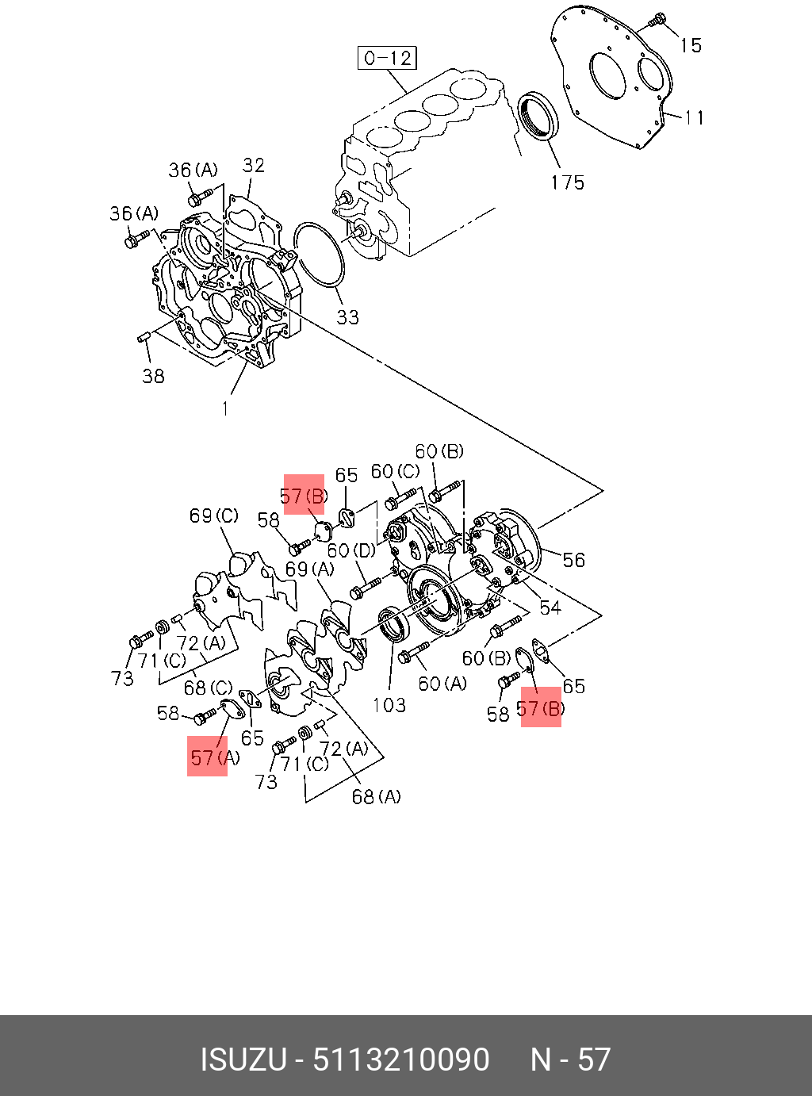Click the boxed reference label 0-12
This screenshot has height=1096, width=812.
[387, 58]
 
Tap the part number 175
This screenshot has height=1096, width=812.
[567, 182]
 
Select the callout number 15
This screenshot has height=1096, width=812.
[691, 45]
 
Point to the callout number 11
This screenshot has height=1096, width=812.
[695, 118]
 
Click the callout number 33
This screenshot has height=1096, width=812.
[347, 317]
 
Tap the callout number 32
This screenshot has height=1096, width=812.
[254, 165]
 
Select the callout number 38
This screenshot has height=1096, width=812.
[153, 376]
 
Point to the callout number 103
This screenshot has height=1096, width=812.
[389, 704]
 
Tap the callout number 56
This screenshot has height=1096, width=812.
[573, 560]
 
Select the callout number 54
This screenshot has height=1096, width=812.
[550, 607]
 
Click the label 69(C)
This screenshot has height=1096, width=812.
[213, 516]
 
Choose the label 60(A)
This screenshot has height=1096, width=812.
[442, 683]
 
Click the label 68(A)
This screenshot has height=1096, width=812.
[376, 796]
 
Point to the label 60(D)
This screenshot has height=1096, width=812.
[351, 550]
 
